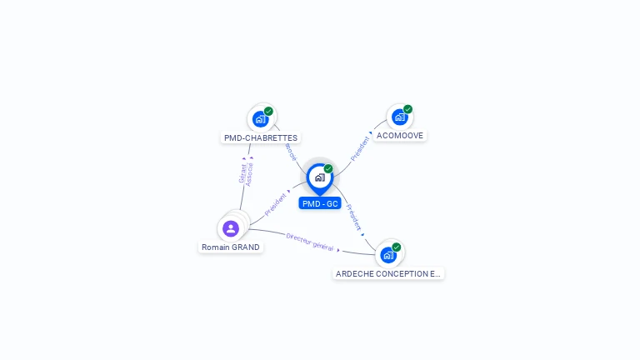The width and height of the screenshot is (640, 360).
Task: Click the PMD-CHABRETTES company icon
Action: point(261,119)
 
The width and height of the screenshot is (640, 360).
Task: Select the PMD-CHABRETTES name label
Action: point(261,137)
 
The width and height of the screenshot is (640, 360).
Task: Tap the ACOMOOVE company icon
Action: point(399,117)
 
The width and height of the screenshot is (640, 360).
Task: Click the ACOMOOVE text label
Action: point(400,135)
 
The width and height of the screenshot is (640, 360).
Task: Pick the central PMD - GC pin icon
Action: point(319,177)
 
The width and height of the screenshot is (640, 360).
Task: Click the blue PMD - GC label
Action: point(320,203)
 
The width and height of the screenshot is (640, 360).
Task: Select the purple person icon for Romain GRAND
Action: point(231,228)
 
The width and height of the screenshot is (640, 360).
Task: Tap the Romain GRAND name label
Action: point(231,247)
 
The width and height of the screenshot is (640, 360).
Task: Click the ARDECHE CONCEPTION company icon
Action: point(387,255)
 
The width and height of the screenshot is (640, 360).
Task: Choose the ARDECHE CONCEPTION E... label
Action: point(387,273)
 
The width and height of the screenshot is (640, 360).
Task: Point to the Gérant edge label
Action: point(242,172)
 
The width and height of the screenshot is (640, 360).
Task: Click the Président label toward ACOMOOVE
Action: point(361,146)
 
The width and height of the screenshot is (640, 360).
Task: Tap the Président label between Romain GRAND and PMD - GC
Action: point(276,204)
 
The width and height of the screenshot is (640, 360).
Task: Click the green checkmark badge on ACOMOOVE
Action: point(407,109)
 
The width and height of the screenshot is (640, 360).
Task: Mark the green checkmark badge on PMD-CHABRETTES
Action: point(268,111)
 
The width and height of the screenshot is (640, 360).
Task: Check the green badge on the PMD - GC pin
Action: point(328,168)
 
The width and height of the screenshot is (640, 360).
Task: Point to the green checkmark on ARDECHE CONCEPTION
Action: point(396,247)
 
